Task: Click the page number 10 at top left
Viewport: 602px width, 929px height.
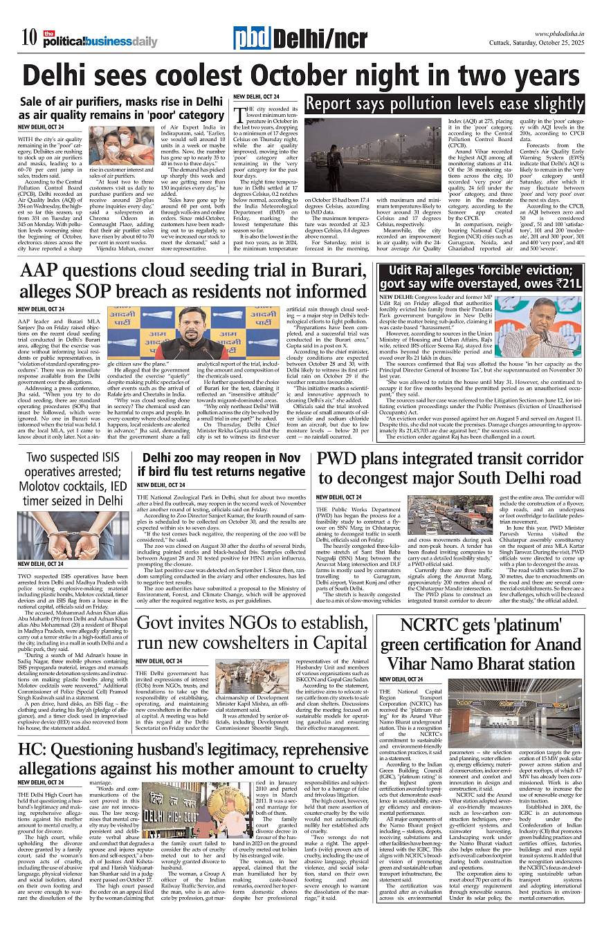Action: pos(28,39)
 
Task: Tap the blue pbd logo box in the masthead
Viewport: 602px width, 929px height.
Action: pos(252,39)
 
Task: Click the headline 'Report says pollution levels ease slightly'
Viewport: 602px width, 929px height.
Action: pos(445,104)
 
